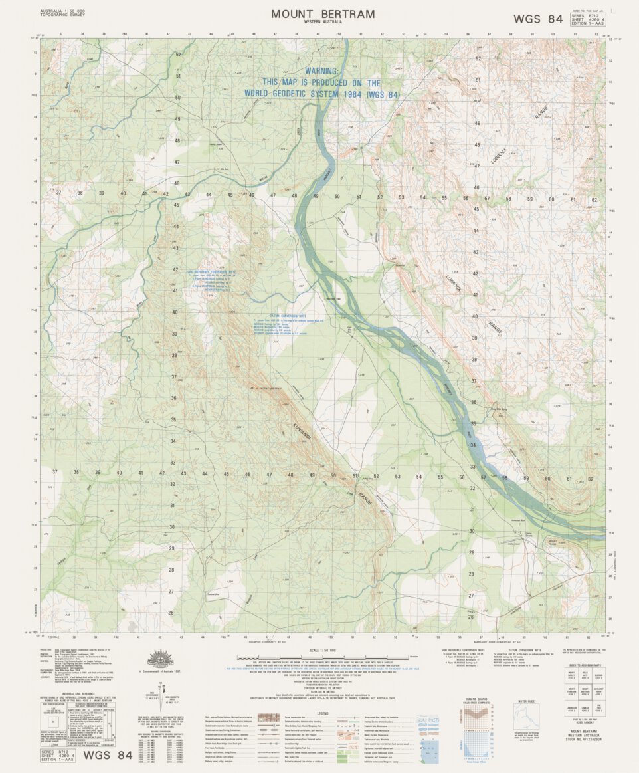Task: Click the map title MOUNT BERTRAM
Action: (322, 14)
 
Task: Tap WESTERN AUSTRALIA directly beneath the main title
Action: (322, 23)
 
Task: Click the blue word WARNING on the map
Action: (322, 71)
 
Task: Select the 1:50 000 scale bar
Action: (322, 656)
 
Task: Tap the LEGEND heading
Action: (322, 712)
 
